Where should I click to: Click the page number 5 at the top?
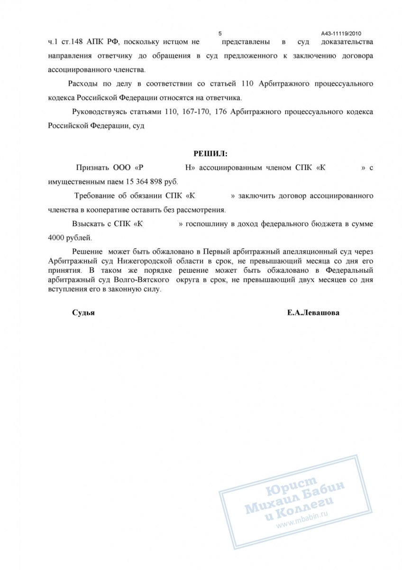(220, 33)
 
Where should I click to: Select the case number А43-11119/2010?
(341, 34)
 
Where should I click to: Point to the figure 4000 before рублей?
(58, 237)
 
